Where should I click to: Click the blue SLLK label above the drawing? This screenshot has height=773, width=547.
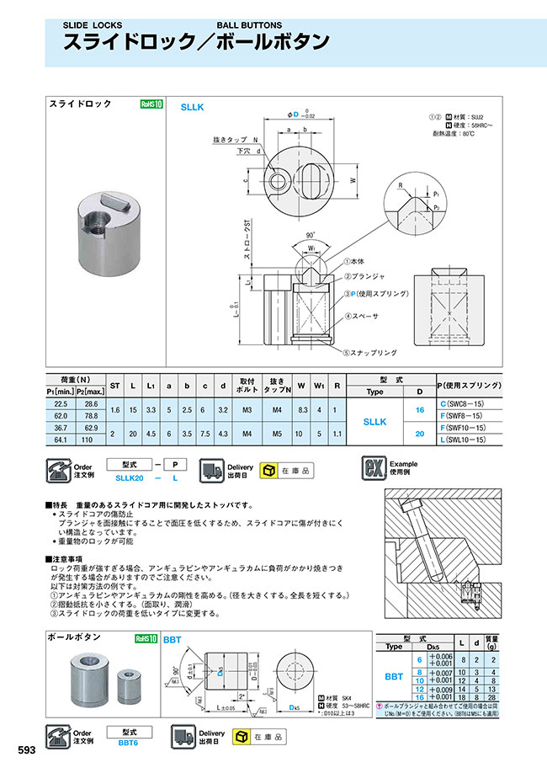194,108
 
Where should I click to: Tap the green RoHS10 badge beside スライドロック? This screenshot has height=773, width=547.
151,104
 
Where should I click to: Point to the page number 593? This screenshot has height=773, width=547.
28,749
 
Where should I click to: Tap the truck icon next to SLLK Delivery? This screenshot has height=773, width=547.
210,470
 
